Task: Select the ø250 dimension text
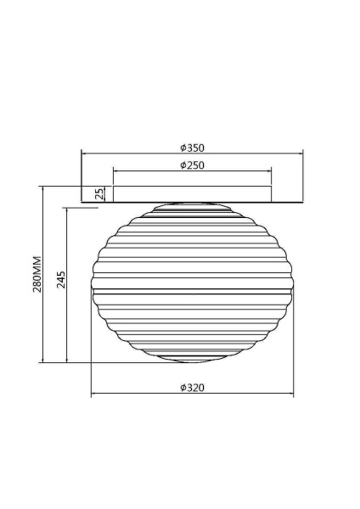(x=192, y=165)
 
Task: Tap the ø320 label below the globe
(x=192, y=388)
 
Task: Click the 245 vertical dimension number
(x=61, y=280)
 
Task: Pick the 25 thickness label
(x=99, y=194)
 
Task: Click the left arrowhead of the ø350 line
(x=83, y=154)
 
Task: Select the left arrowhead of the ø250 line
(x=115, y=172)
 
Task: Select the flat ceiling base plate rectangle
(x=192, y=195)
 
